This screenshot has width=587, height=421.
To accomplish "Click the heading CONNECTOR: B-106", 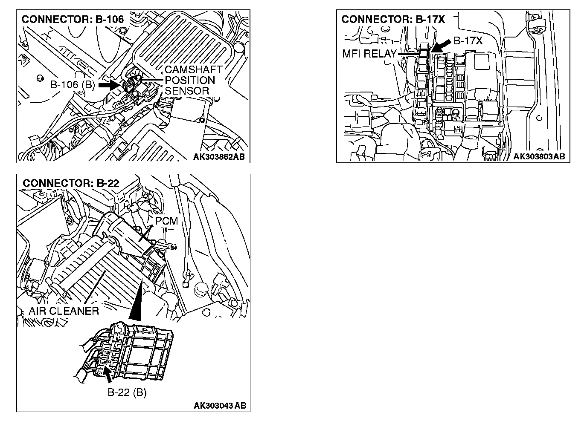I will pyautogui.click(x=73, y=19).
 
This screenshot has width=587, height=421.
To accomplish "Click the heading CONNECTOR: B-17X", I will pyautogui.click(x=393, y=19).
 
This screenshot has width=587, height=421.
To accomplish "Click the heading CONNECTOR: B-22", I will pyautogui.click(x=71, y=183).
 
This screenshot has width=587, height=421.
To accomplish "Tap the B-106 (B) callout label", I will pyautogui.click(x=73, y=85).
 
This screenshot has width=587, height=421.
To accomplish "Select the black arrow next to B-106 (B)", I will pyautogui.click(x=110, y=85).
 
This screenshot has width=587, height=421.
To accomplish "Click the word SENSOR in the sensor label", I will pyautogui.click(x=187, y=91).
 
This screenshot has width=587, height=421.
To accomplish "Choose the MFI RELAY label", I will pyautogui.click(x=369, y=54).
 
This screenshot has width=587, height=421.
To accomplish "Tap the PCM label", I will pyautogui.click(x=166, y=222).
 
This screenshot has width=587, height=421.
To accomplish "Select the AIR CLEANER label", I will pyautogui.click(x=64, y=311).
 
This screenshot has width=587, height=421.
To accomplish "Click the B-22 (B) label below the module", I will pyautogui.click(x=127, y=392).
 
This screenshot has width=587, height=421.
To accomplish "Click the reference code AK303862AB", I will pyautogui.click(x=219, y=157).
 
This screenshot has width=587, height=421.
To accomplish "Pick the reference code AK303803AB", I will pyautogui.click(x=539, y=157).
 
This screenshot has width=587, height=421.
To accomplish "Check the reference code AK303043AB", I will pyautogui.click(x=220, y=406).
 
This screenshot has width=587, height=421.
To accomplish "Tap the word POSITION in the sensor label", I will pyautogui.click(x=190, y=81).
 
